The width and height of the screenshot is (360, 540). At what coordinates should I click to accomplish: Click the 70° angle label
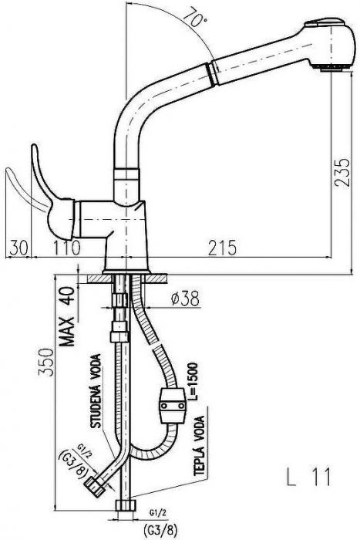click(x=194, y=17)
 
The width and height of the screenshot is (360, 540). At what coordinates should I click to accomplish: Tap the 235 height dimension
click(x=342, y=172)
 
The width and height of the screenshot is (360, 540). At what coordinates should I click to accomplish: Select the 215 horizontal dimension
click(x=222, y=248)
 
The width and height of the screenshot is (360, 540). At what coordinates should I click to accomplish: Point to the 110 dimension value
click(x=67, y=248)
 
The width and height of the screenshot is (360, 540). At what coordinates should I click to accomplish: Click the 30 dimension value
click(x=19, y=248)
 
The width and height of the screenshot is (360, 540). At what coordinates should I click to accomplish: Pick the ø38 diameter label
click(x=185, y=299)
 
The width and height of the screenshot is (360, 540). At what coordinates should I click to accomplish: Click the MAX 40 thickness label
click(x=67, y=316)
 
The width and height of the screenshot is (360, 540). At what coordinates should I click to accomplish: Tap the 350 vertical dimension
click(x=46, y=362)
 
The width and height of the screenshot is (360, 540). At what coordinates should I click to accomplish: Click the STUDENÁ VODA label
click(x=96, y=391)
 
